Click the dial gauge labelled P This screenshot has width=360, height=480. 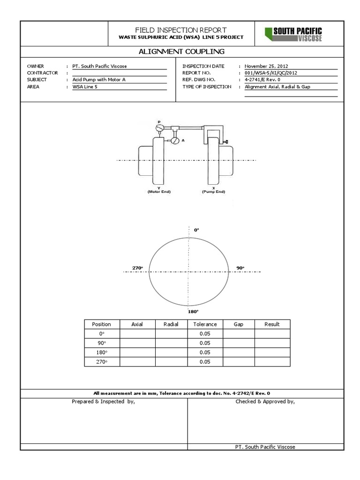click(x=160, y=127)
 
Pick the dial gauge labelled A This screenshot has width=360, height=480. click(x=175, y=140)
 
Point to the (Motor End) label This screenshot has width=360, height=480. click(x=152, y=192)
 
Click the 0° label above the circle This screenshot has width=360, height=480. click(x=196, y=230)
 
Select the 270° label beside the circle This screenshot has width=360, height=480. click(x=137, y=268)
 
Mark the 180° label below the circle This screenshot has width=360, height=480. click(x=194, y=311)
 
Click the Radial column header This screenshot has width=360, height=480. click(x=171, y=324)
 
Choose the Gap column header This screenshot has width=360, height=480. click(x=238, y=324)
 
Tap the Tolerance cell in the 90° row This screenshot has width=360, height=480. click(x=205, y=343)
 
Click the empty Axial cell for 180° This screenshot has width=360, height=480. click(x=137, y=352)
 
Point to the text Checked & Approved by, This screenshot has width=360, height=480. click(x=265, y=402)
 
